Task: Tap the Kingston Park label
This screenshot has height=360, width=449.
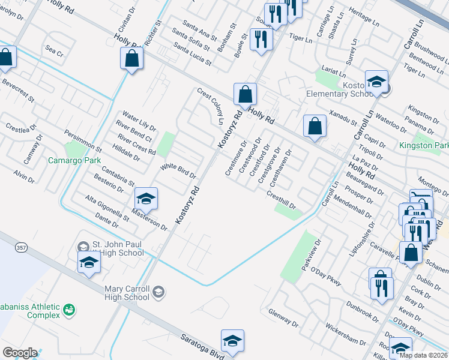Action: (x=423, y=145)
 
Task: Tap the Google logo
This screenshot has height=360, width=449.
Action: (x=20, y=353)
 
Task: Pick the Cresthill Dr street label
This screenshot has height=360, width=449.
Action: (x=282, y=199)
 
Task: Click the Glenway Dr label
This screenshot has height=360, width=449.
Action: (x=284, y=318)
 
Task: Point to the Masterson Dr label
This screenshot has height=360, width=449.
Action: (x=149, y=220)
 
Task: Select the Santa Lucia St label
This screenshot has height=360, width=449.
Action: (x=192, y=54)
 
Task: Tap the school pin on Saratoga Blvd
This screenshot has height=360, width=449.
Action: (x=232, y=341)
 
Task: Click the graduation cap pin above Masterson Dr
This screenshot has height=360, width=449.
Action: (x=146, y=198)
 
